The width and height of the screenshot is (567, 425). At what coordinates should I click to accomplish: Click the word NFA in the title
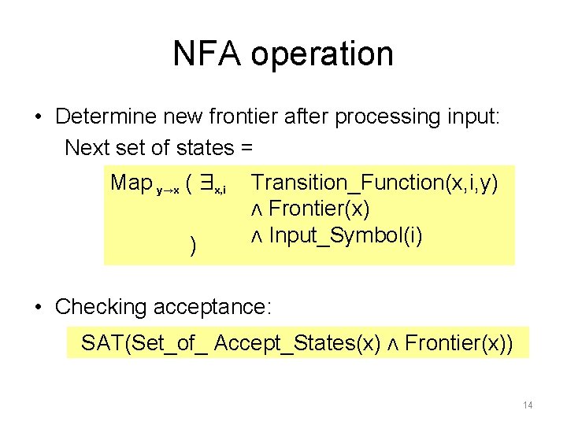tap(210, 54)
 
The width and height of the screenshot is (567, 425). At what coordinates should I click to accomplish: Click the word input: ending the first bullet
tap(470, 117)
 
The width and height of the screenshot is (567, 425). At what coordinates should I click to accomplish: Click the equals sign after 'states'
tap(246, 148)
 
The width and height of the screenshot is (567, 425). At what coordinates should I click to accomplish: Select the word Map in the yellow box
tap(132, 183)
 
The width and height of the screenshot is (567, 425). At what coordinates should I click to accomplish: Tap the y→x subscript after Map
tap(169, 190)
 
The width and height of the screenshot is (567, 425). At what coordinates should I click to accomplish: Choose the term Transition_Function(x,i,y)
tap(374, 183)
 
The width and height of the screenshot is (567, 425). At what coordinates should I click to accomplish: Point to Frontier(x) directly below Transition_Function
tap(319, 209)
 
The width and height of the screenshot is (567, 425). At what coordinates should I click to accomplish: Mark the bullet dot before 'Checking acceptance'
tap(39, 306)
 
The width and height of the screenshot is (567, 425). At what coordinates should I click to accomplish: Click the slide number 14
tap(528, 405)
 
